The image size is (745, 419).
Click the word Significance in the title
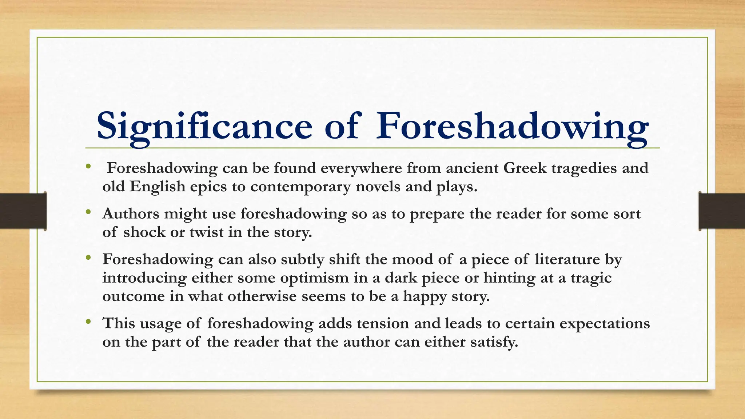click(204, 126)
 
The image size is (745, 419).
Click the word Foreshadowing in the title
click(512, 126)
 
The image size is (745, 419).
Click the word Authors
click(131, 214)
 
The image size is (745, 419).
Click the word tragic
click(591, 278)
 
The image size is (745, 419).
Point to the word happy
click(425, 296)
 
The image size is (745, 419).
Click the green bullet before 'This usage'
click(88, 322)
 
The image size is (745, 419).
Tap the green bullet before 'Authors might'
click(88, 212)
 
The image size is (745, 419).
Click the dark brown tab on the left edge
click(23, 211)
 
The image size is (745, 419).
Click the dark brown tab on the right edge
click(722, 211)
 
